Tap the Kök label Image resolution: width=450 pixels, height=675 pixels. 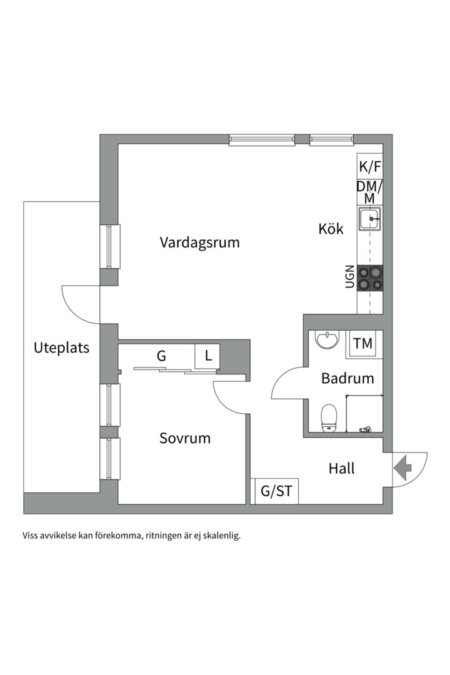331,229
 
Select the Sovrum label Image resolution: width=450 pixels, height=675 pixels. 184,438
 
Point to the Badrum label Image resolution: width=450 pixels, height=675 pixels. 347,378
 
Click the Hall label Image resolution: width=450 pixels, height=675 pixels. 341,468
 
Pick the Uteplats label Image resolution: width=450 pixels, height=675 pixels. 61,348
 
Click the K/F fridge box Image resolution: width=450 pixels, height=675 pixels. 369,167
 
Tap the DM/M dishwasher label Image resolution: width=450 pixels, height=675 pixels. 369,192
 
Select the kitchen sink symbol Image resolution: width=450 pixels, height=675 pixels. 369,219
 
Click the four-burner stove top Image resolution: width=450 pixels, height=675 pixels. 370,278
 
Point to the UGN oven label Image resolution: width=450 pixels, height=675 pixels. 349,277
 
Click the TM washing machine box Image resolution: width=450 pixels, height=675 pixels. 362,343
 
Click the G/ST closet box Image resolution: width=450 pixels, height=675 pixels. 276,491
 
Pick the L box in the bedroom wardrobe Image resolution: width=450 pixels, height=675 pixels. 207,356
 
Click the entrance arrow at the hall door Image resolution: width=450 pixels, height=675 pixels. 402,467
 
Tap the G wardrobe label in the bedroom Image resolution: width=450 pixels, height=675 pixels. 161,356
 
